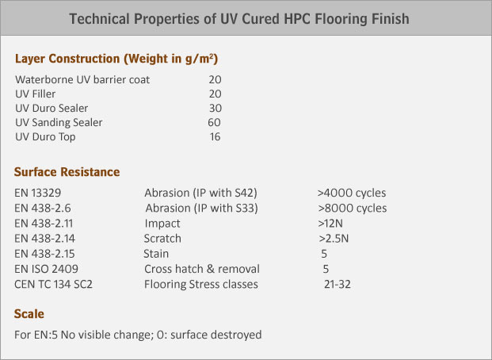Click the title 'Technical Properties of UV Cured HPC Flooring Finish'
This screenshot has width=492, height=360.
pyautogui.click(x=239, y=19)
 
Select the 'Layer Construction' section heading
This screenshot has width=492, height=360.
pyautogui.click(x=67, y=59)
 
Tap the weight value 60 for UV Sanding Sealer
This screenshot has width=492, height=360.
pyautogui.click(x=214, y=122)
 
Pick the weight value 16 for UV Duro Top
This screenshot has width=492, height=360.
pyautogui.click(x=215, y=136)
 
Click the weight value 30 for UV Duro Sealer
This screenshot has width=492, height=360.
pyautogui.click(x=215, y=108)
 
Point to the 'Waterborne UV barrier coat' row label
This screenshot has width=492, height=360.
pyautogui.click(x=82, y=79)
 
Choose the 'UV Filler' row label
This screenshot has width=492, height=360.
pyautogui.click(x=36, y=94)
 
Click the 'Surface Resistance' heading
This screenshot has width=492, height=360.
pyautogui.click(x=67, y=172)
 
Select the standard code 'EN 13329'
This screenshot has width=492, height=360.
pyautogui.click(x=38, y=193)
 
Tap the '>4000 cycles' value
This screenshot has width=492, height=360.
pyautogui.click(x=352, y=193)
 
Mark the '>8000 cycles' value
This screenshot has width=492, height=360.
pyautogui.click(x=353, y=208)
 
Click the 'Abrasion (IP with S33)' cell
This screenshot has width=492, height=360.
pyautogui.click(x=201, y=209)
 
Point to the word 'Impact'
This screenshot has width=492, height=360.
pyautogui.click(x=162, y=224)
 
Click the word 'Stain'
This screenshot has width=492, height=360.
pyautogui.click(x=156, y=254)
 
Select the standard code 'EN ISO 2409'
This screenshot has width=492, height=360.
pyautogui.click(x=46, y=269)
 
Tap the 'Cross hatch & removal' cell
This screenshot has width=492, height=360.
pyautogui.click(x=202, y=269)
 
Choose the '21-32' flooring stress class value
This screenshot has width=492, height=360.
pyautogui.click(x=338, y=284)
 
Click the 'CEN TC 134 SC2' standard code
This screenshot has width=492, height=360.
pyautogui.click(x=53, y=284)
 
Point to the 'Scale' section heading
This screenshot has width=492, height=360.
pyautogui.click(x=29, y=314)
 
